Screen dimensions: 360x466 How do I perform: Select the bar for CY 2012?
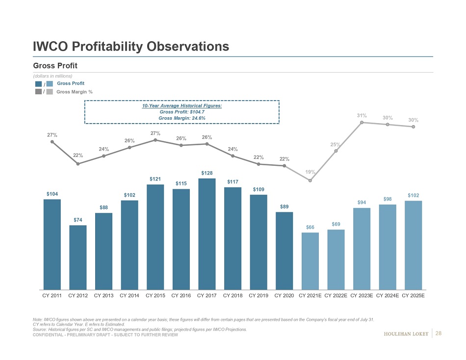(x=78, y=257)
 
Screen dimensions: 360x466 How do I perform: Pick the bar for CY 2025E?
(x=414, y=245)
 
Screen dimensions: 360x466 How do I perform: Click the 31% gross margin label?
(x=362, y=116)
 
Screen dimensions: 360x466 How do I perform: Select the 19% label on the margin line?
(x=310, y=172)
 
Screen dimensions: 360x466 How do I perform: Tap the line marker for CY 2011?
(x=52, y=142)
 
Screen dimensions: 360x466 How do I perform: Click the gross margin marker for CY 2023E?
(x=362, y=122)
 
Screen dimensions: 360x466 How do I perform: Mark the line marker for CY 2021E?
(x=310, y=180)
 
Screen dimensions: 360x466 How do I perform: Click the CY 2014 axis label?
(x=129, y=296)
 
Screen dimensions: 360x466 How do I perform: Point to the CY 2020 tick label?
(x=285, y=296)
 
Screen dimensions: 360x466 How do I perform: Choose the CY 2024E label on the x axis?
(x=388, y=296)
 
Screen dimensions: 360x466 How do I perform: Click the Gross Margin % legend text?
(x=75, y=92)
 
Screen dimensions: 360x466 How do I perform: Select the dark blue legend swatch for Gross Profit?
(x=38, y=83)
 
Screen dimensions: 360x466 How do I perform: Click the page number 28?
(x=439, y=334)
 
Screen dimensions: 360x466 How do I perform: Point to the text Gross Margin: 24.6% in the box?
(x=182, y=118)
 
